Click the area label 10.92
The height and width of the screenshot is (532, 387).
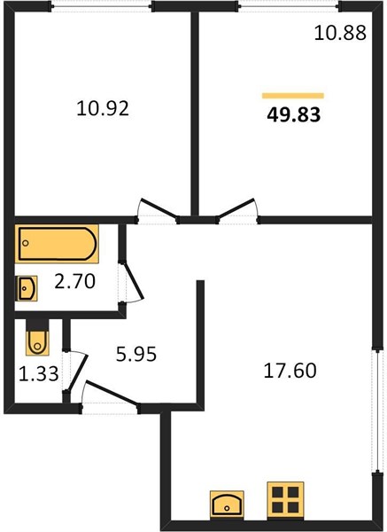(x=103, y=109)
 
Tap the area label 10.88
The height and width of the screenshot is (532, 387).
(x=340, y=34)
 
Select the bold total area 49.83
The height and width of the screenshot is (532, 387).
(x=293, y=114)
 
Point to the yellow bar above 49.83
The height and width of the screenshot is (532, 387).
(x=293, y=96)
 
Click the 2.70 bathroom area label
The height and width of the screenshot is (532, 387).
(x=75, y=281)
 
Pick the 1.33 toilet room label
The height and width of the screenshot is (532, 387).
(x=39, y=374)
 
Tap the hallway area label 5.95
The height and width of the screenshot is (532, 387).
(x=136, y=354)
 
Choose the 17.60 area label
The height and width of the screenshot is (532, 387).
(x=290, y=370)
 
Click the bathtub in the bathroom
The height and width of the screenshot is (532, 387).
(x=57, y=244)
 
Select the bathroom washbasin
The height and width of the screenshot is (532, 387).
(x=26, y=288)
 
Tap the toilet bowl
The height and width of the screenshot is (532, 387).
(x=37, y=342)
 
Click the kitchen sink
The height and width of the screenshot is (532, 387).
(x=227, y=504)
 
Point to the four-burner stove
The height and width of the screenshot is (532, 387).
(x=285, y=500)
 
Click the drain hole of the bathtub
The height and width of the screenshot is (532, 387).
(x=26, y=243)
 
